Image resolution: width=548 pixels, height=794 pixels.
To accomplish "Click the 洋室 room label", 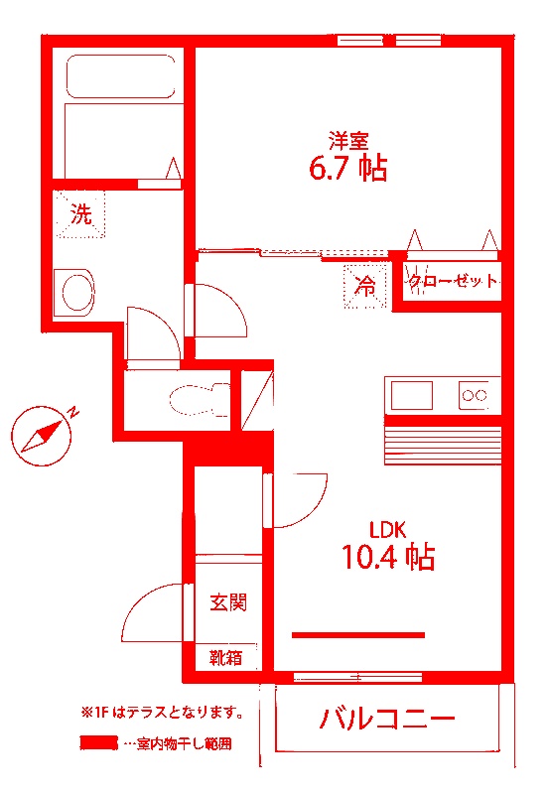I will click(x=348, y=140).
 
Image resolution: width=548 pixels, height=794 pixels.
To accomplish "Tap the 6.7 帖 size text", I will click(x=347, y=169).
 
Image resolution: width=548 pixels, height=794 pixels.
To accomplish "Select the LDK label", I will click(x=388, y=528).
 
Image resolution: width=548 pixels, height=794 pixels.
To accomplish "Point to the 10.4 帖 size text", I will click(x=388, y=558).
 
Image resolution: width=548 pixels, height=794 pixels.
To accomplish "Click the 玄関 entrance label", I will click(x=227, y=601).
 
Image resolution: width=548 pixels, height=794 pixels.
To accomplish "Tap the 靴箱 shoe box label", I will click(x=225, y=656).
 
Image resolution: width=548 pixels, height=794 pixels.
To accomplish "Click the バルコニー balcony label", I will click(x=387, y=719).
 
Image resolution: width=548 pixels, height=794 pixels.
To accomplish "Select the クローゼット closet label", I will click(x=452, y=282).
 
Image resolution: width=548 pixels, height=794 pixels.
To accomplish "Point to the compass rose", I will click(x=45, y=435).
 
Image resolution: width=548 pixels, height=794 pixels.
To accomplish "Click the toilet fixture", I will click(x=194, y=401).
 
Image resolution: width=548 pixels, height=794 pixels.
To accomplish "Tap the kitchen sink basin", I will click(x=411, y=395).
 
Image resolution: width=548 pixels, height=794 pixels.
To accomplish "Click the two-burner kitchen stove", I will click(x=475, y=396).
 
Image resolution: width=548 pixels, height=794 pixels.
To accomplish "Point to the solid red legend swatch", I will click(x=98, y=742).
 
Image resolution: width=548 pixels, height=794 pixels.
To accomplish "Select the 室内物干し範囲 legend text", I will click(x=185, y=742).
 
